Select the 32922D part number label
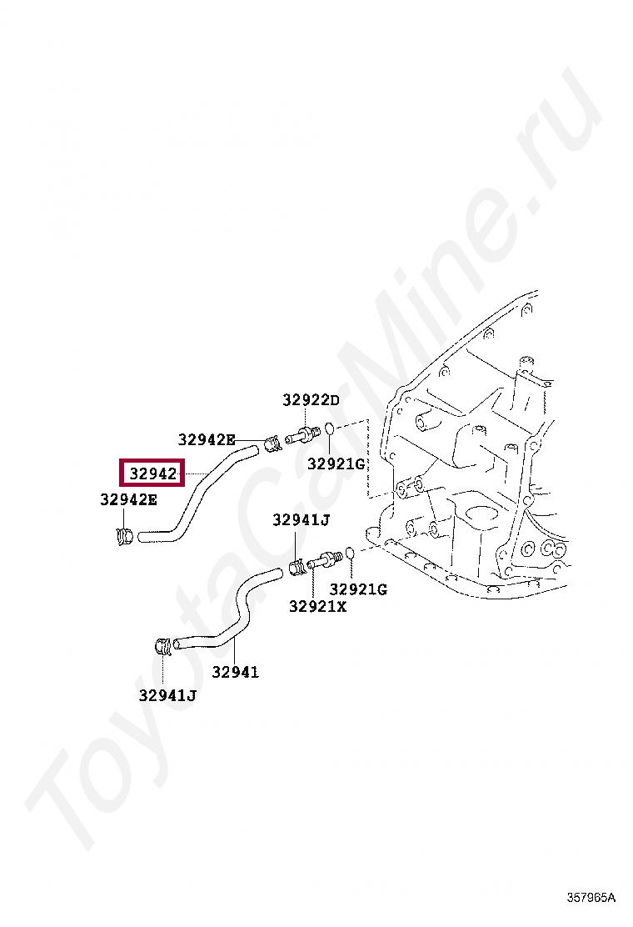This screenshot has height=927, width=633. point(311,400)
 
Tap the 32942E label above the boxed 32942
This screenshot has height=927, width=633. point(207,439)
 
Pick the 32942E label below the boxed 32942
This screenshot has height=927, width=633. point(128,500)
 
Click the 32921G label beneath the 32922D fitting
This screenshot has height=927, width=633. point(336,463)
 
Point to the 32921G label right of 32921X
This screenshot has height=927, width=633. point(357,589)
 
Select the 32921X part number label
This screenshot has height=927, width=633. point(317,606)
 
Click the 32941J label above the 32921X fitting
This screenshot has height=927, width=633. point(301,520)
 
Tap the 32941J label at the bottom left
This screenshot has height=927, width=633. point(167,694)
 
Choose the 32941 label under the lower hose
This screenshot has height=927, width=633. point(235,672)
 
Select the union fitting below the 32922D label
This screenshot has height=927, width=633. point(301,434)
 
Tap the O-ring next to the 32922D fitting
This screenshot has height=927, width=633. point(331,428)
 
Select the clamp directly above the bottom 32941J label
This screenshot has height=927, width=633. point(165,644)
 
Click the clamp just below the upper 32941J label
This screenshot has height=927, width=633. point(297,569)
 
